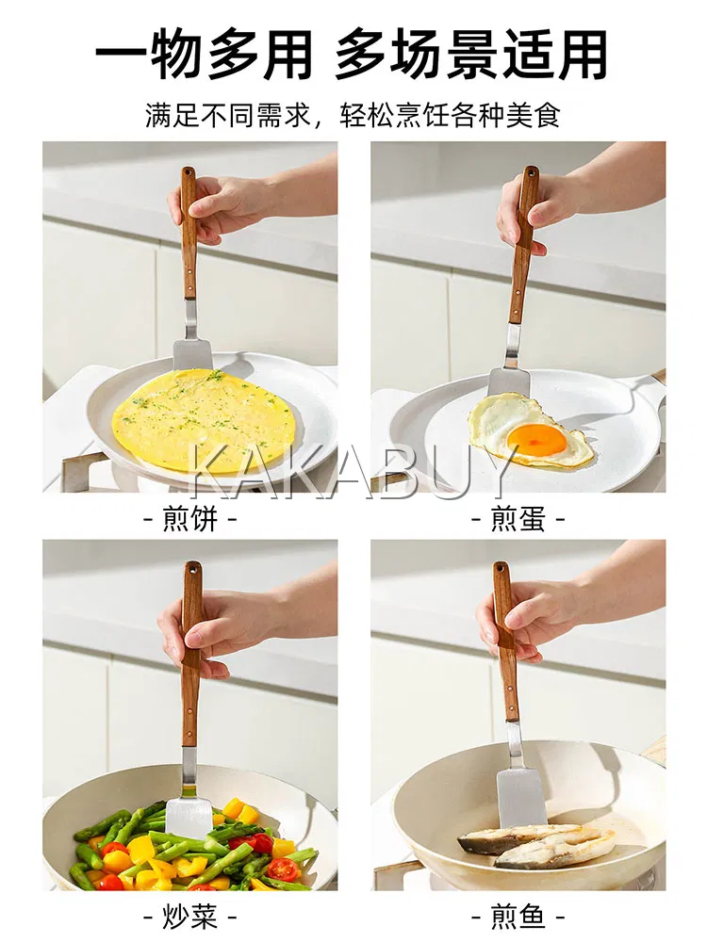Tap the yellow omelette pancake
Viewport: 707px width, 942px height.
pyautogui.click(x=205, y=418)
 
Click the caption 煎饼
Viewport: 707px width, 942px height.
pyautogui.click(x=190, y=518)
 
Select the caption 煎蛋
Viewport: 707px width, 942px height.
pyautogui.click(x=518, y=518)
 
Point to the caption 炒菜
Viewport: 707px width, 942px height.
pyautogui.click(x=190, y=917)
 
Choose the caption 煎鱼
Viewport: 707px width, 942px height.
pyautogui.click(x=518, y=917)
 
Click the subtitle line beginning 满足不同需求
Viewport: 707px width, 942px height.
pyautogui.click(x=353, y=115)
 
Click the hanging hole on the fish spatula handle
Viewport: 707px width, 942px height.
pyautogui.click(x=501, y=567)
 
